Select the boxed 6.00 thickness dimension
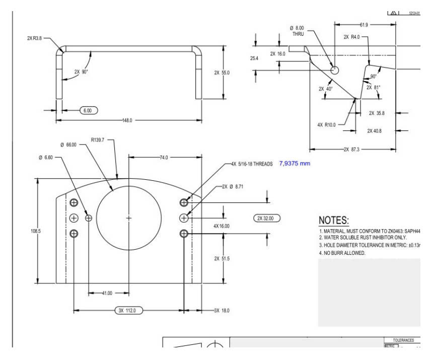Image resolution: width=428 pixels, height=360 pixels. point(87,110)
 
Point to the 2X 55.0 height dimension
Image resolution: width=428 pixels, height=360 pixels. point(222,73)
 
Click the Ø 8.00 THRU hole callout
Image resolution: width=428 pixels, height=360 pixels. point(298,31)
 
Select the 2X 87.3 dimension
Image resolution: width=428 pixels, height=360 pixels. point(352,150)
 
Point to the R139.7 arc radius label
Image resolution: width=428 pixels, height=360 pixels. point(98,140)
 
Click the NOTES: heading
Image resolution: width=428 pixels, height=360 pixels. point(334,221)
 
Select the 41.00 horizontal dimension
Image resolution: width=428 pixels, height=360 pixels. point(107,293)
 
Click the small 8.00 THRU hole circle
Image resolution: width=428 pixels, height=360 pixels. point(335,68)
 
